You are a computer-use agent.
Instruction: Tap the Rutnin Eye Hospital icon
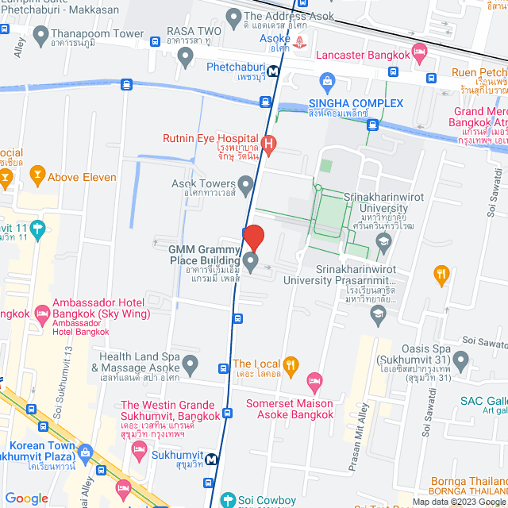269,144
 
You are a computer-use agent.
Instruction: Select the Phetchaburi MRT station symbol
273,70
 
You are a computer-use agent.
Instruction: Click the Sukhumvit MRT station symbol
211,459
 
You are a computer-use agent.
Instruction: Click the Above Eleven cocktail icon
37,173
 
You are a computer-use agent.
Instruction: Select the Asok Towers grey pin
247,187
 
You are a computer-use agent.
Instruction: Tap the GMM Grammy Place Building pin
251,262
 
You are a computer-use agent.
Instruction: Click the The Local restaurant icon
291,364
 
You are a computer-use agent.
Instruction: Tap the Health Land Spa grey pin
190,365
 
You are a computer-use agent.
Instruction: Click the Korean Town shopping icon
85,452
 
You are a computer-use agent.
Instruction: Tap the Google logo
26,498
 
